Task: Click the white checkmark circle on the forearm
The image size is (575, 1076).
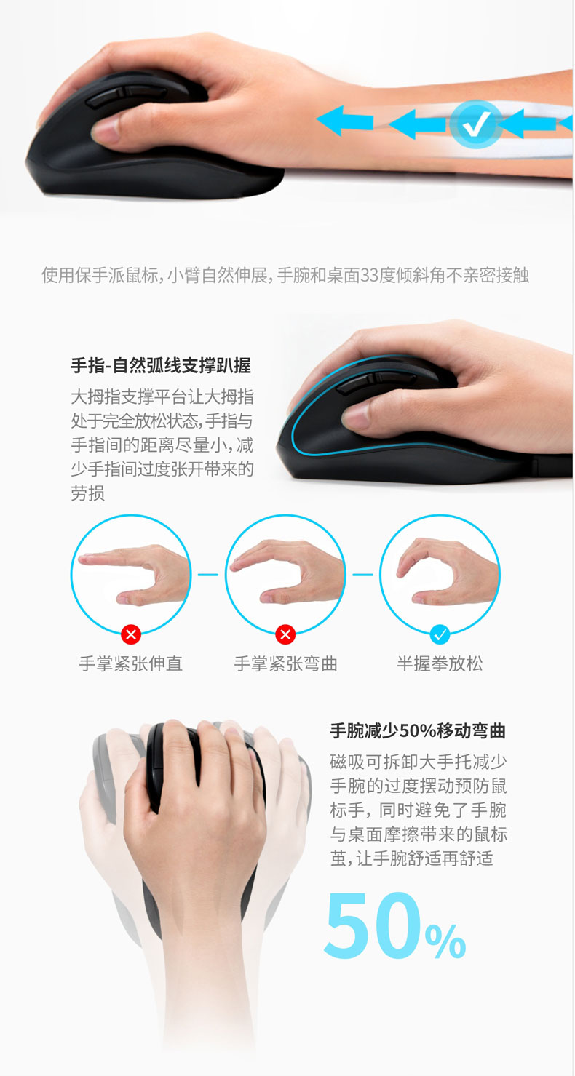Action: [x=477, y=124]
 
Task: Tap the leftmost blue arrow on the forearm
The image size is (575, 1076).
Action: [x=345, y=121]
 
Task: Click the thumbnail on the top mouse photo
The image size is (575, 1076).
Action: [x=106, y=130]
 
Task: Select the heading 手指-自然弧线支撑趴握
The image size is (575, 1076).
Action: [x=161, y=365]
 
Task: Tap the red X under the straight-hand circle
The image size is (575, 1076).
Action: [x=131, y=634]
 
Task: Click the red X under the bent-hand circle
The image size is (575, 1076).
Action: [x=285, y=634]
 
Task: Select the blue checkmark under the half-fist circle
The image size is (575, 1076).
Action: [x=440, y=634]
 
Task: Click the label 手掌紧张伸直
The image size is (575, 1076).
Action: [x=131, y=663]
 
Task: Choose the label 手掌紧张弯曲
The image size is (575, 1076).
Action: [x=285, y=663]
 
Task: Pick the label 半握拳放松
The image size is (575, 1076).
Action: [x=440, y=663]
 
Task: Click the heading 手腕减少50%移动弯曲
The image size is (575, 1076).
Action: [x=417, y=731]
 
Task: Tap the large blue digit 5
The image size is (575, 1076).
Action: [x=350, y=925]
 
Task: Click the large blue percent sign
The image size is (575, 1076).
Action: [x=445, y=941]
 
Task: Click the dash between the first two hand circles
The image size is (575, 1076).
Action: [x=208, y=574]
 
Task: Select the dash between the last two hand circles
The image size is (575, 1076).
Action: [x=363, y=574]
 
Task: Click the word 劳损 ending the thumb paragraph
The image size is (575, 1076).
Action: [x=87, y=493]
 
